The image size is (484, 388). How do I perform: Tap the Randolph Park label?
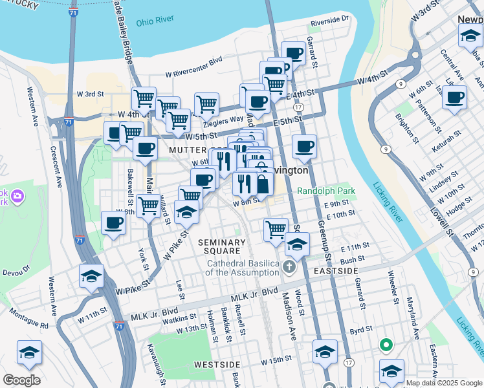click(x=327, y=191)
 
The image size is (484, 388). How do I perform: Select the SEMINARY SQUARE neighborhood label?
click(x=222, y=246)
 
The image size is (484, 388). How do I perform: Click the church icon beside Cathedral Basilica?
click(x=289, y=266)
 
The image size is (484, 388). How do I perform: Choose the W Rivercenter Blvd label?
click(x=193, y=74)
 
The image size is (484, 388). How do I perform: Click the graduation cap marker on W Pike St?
click(x=186, y=211)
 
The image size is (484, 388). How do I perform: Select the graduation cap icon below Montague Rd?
click(x=29, y=352)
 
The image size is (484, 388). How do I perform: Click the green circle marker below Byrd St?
click(x=386, y=345)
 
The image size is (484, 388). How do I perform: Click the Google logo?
click(x=21, y=380)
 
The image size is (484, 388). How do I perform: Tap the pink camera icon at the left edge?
click(x=17, y=195)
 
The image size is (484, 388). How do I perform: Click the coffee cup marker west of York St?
click(x=114, y=223)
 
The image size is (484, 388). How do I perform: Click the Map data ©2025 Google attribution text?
click(x=443, y=382)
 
